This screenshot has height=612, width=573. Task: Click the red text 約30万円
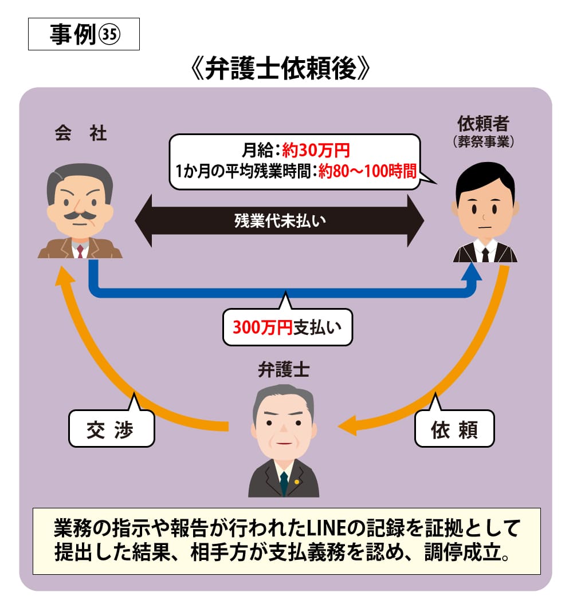(x=316, y=151)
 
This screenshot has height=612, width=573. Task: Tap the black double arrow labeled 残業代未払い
(x=279, y=220)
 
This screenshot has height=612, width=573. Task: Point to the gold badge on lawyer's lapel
(x=297, y=481)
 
